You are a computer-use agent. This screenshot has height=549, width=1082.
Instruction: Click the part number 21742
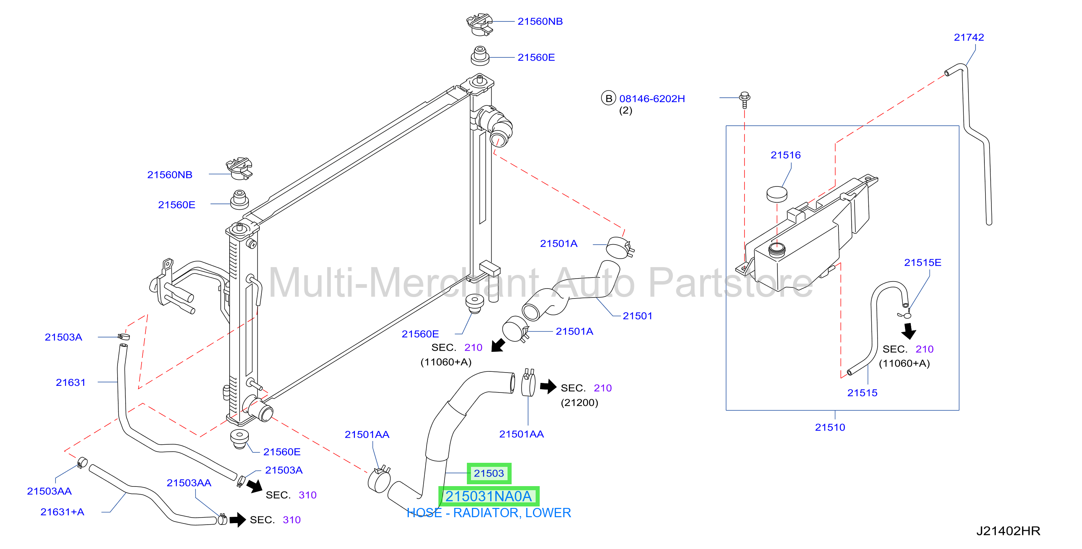pos(969,37)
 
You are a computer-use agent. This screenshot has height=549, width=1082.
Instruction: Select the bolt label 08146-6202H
pos(652,99)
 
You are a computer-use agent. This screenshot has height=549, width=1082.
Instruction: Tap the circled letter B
pos(608,98)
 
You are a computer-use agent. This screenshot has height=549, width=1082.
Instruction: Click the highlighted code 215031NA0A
pos(488,496)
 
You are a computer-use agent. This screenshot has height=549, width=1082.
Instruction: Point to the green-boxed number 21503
pos(489,473)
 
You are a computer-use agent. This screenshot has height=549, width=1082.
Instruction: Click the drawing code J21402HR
pos(1008,531)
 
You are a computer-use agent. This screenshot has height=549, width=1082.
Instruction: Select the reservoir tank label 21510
pos(830,428)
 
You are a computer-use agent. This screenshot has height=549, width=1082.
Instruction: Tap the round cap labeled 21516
pos(777,194)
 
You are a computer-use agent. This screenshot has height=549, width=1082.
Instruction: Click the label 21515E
pos(922,263)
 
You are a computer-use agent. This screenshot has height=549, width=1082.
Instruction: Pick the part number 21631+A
pos(62,512)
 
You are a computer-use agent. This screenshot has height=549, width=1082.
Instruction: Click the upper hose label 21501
pos(637,316)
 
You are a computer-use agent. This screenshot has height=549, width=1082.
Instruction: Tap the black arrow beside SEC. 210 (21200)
pos(548,386)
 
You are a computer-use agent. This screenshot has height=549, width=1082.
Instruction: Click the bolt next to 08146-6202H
pos(745,100)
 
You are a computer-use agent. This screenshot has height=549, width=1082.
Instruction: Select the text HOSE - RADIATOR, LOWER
pos(489,513)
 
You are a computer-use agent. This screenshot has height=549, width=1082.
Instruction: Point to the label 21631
pos(71,383)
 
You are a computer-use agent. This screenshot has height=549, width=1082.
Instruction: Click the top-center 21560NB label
pos(540,21)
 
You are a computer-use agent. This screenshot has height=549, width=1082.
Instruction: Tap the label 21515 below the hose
pos(862,393)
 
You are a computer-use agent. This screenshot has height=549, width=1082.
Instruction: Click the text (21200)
pos(579,403)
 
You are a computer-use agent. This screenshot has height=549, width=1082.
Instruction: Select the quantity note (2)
pos(625,111)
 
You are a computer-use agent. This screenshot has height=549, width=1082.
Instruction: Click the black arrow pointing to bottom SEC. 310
pos(238,519)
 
